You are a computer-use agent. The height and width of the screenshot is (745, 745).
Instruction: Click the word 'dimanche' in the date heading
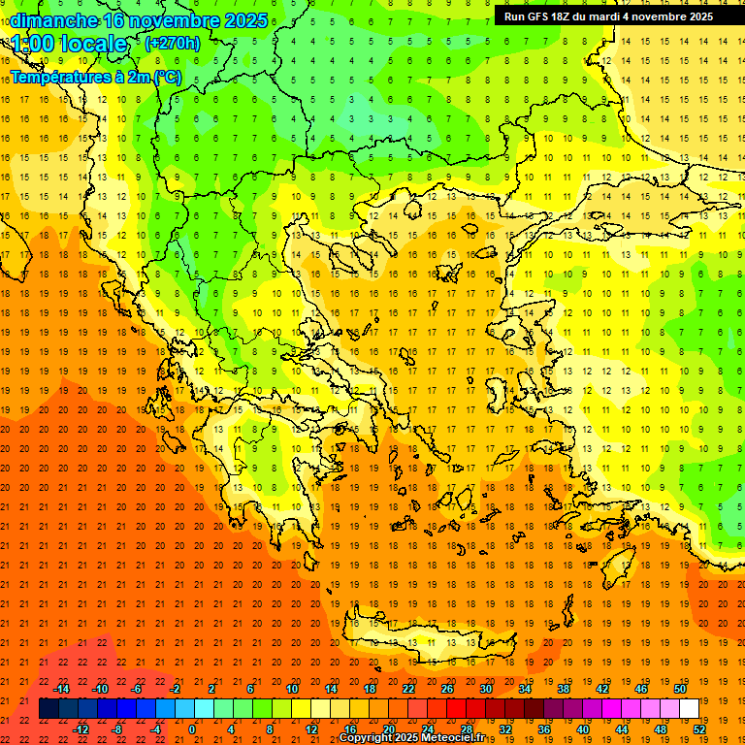point(54,20)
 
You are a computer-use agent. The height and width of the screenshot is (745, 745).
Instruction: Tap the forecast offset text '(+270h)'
point(172,43)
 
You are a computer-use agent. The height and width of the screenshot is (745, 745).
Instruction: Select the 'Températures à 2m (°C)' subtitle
point(96,77)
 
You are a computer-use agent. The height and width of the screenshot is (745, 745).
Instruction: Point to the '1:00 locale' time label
point(69,44)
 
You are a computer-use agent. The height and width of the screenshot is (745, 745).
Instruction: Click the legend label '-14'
point(62,689)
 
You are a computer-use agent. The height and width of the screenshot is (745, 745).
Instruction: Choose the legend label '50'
point(680,689)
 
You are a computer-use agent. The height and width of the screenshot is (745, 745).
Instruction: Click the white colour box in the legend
point(689,709)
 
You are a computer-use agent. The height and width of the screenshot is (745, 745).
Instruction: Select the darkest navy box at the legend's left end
point(49,709)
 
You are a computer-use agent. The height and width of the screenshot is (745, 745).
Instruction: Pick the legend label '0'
point(192,729)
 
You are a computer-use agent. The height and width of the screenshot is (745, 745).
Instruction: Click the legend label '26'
point(447,689)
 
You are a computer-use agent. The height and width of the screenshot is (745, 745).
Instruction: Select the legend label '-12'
point(81,729)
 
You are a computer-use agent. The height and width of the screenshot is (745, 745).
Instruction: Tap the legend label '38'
point(564,689)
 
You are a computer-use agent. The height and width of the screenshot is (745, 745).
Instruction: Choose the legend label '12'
point(310,729)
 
